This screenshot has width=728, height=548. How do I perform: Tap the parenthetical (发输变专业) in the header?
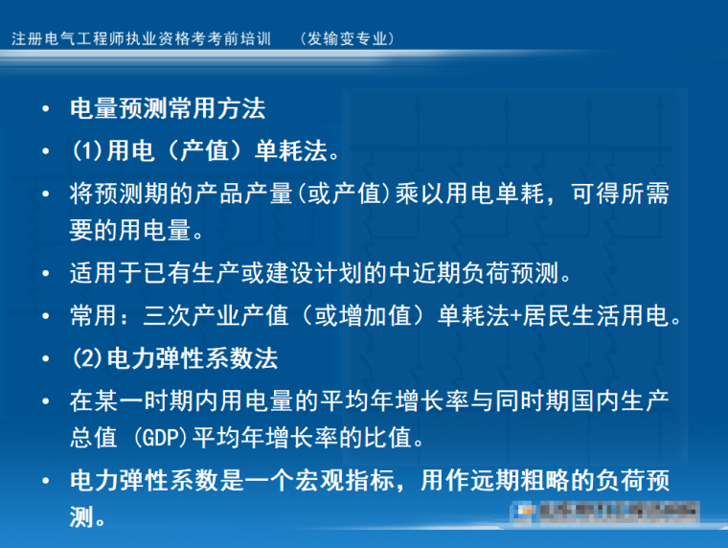346,39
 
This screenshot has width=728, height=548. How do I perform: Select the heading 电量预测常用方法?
168,108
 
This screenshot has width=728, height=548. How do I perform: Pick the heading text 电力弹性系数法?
192,358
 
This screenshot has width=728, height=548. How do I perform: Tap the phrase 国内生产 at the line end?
622,400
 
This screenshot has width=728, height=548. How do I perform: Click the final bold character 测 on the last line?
80,518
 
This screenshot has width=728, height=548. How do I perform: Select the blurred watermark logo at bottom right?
604,514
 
